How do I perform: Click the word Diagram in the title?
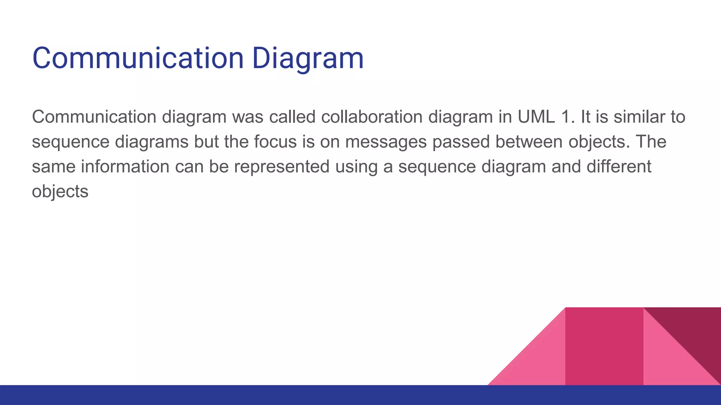[308, 58]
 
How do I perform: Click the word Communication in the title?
[138, 58]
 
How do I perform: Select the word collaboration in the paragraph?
[371, 117]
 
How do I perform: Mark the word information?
[125, 166]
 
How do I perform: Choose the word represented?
[282, 166]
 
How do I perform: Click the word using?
[356, 166]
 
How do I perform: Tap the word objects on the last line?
[60, 192]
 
